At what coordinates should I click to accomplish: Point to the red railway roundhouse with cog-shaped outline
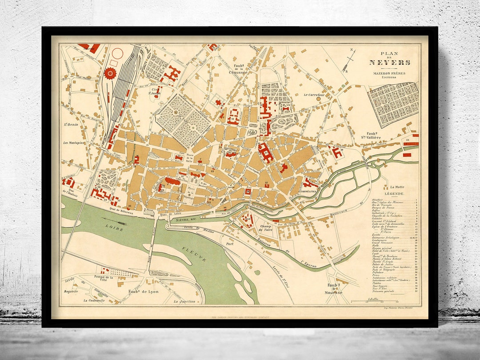coord(109,73)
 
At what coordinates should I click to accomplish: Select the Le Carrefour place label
coord(314,95)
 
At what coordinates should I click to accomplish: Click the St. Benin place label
coord(70,124)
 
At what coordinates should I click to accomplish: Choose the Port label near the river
coord(230,244)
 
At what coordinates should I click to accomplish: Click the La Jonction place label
coord(184,301)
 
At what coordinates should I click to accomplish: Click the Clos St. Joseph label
coord(154,91)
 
